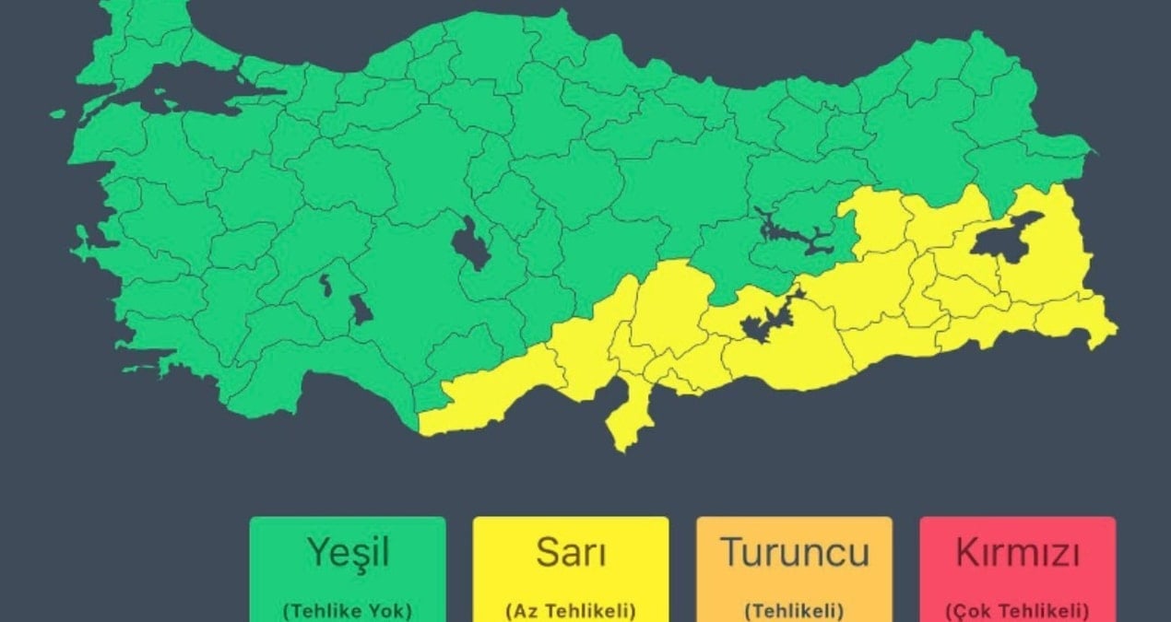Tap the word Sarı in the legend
coord(570,553)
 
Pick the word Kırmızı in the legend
coord(1017,553)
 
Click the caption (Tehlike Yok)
coord(347,610)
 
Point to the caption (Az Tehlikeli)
coord(570,610)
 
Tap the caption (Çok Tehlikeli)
coord(1017,610)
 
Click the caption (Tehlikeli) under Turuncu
coord(794,610)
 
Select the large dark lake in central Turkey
coord(471,243)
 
